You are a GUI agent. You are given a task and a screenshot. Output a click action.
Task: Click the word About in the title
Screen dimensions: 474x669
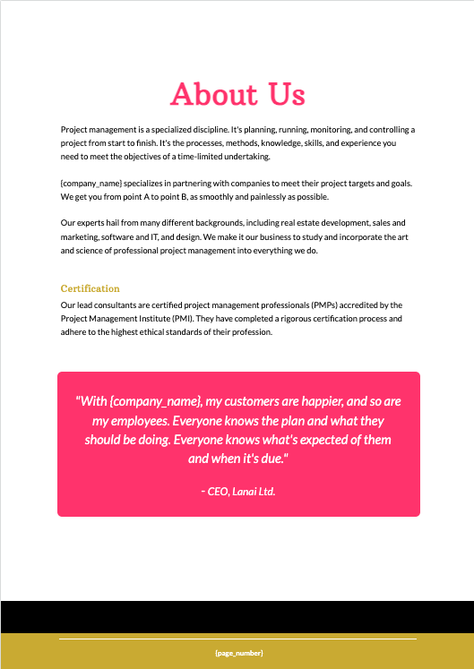(211, 94)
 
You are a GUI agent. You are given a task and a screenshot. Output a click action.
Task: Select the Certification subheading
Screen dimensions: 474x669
(90, 288)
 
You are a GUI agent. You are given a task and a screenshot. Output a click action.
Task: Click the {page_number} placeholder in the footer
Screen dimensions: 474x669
(238, 653)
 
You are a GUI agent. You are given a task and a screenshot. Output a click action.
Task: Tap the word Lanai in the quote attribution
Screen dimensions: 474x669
(255, 492)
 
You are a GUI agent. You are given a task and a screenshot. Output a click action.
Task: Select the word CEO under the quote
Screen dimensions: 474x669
(220, 492)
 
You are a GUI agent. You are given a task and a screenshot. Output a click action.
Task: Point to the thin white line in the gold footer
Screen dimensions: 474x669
(238, 639)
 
